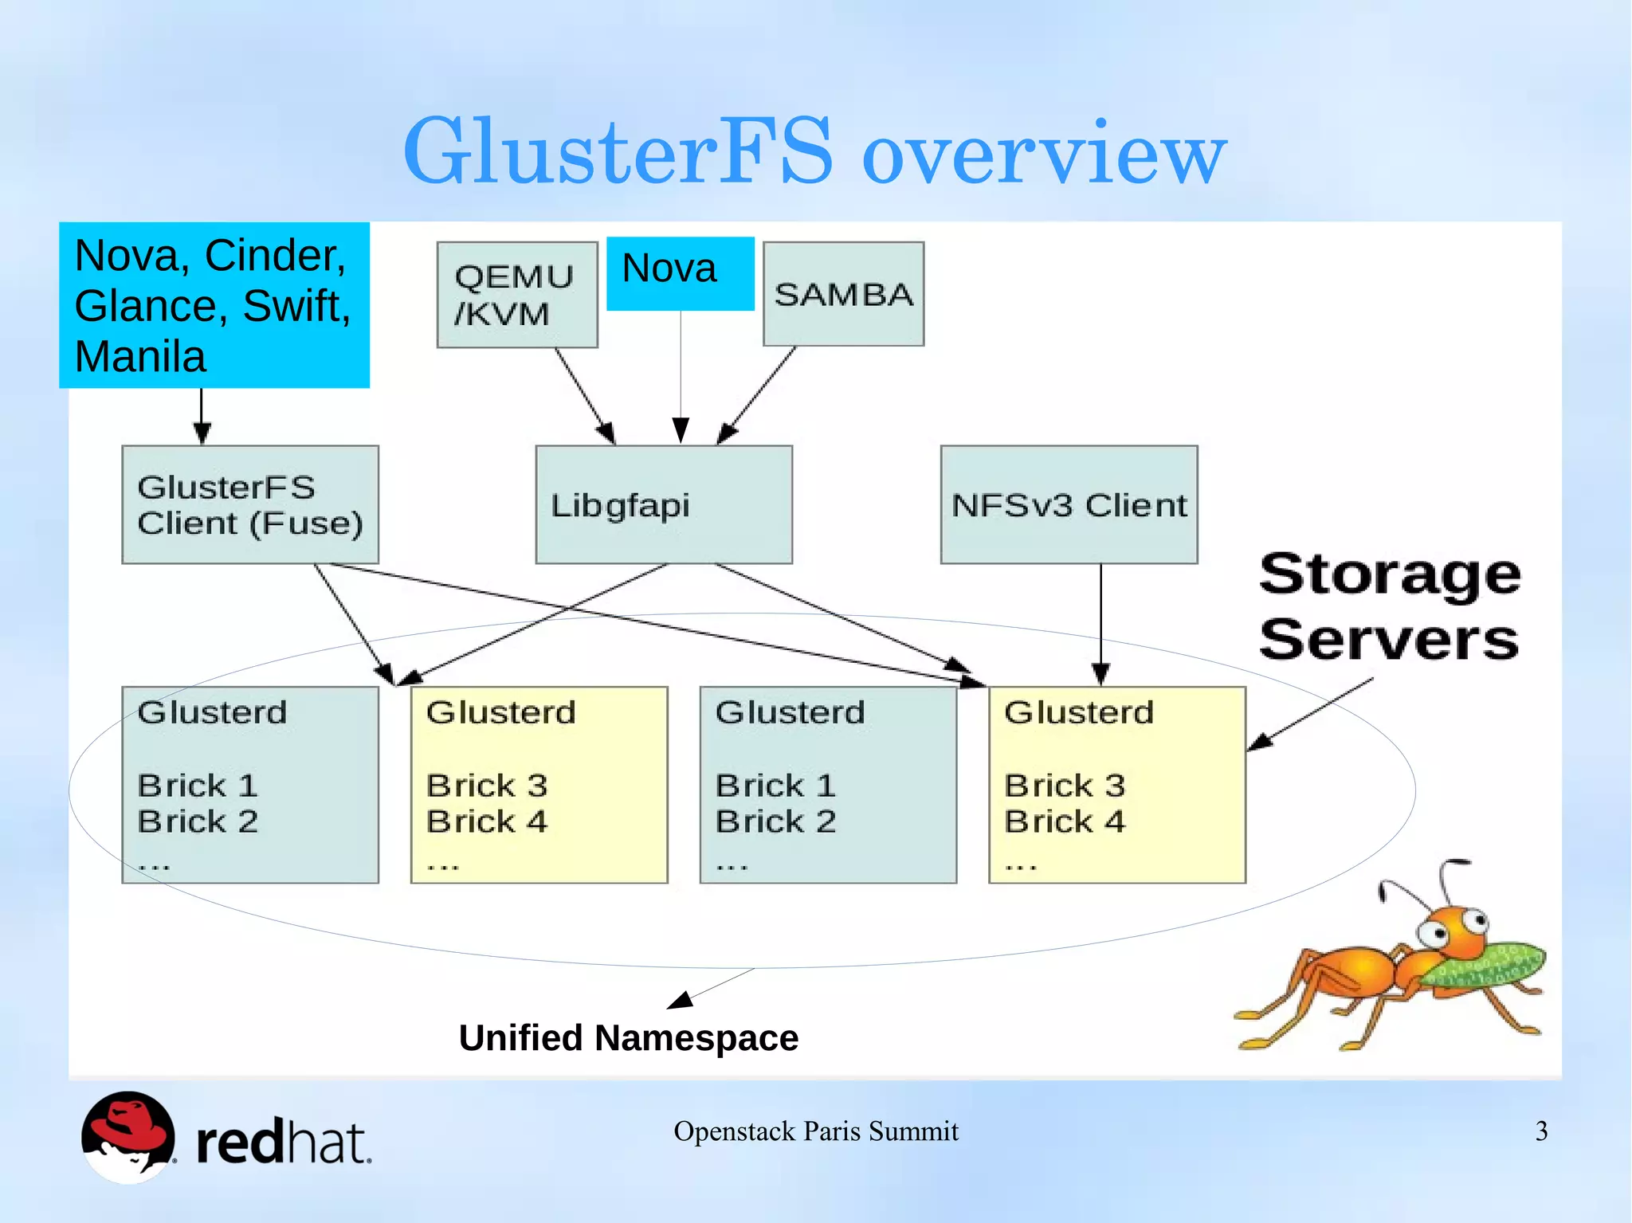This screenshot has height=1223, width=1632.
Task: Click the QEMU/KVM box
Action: (x=516, y=295)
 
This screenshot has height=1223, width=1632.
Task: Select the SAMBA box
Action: (x=843, y=294)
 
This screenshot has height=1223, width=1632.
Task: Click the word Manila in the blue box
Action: (x=140, y=356)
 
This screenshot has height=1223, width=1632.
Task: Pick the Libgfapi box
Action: (x=663, y=504)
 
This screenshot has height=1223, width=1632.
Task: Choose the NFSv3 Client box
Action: (x=1069, y=504)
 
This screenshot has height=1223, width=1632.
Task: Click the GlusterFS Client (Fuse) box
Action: (x=249, y=504)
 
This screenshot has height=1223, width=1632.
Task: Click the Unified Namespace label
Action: (x=628, y=1037)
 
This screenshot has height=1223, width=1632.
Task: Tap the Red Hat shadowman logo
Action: (x=127, y=1136)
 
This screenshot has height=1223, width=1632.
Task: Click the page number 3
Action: (x=1541, y=1131)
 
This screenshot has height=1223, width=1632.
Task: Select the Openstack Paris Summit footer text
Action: (x=815, y=1131)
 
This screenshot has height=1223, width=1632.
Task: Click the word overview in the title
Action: (x=1044, y=153)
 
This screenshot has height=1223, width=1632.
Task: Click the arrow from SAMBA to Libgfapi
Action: (x=757, y=394)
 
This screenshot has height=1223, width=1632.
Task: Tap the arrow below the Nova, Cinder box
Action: (x=202, y=416)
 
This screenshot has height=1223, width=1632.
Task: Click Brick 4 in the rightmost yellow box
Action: (x=1065, y=821)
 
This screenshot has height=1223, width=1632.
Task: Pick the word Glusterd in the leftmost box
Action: (x=212, y=711)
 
